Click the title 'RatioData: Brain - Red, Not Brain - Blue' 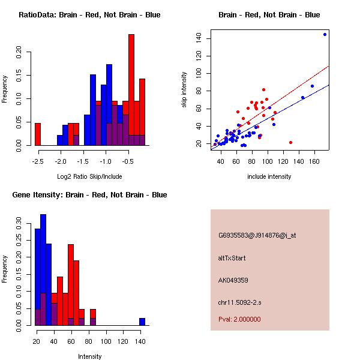click(x=89, y=15)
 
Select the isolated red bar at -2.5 click(x=38, y=134)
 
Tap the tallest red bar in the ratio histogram click(x=131, y=90)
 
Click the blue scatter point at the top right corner click(x=325, y=34)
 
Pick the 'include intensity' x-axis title click(x=269, y=176)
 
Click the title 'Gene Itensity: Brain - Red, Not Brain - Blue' click(x=89, y=195)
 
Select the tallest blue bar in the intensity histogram click(x=43, y=270)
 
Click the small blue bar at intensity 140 click(x=142, y=322)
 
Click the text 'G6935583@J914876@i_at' click(x=257, y=235)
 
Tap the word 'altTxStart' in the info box click(x=232, y=258)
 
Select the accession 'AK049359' click(x=233, y=280)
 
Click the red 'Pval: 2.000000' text click(x=239, y=319)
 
